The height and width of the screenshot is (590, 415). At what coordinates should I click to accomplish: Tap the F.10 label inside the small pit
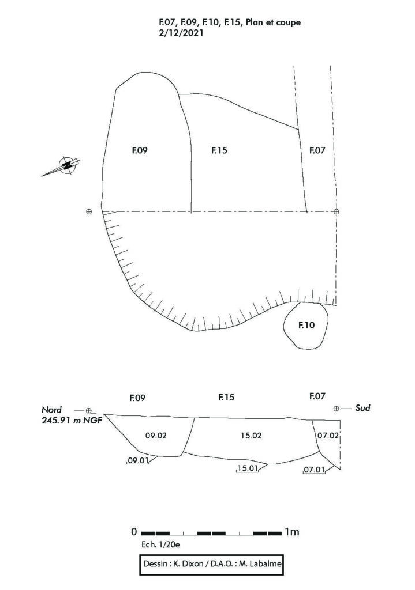pos(306,325)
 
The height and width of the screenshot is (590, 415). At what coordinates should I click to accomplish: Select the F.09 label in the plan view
pos(140,150)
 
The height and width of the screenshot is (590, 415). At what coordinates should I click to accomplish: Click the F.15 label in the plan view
pos(219,150)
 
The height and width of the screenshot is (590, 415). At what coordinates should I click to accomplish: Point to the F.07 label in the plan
pos(317,150)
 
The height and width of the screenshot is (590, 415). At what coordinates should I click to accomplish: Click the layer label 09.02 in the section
pos(156,436)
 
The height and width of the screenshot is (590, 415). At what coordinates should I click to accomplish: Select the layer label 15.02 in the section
pos(251,436)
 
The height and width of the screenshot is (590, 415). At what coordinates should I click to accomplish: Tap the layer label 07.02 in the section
pos(327,436)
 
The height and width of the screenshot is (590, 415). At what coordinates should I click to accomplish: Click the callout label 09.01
pos(137,460)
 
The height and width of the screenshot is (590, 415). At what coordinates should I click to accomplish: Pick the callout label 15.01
pos(247,468)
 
